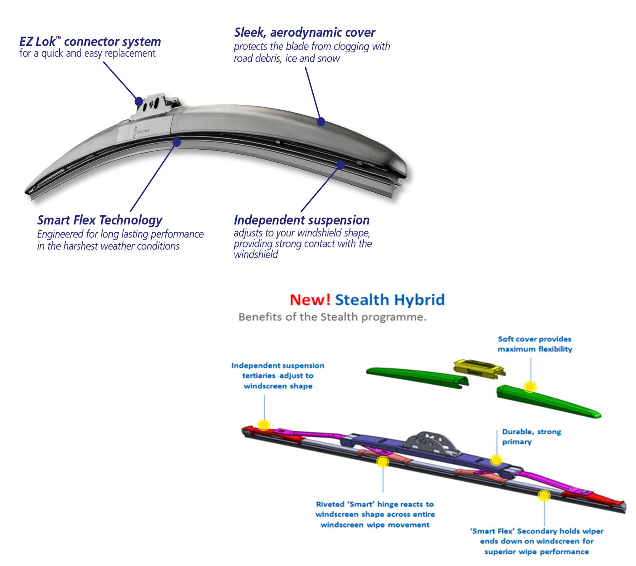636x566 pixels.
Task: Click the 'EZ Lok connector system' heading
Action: tap(90, 42)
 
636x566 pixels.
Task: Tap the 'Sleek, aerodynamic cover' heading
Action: tap(305, 33)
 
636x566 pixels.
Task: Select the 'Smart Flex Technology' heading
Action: tap(100, 220)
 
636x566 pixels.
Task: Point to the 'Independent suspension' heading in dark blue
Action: tap(301, 220)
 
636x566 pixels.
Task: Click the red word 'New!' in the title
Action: tap(310, 300)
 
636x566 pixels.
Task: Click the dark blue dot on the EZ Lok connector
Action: tap(139, 101)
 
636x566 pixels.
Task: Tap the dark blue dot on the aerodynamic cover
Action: tap(321, 122)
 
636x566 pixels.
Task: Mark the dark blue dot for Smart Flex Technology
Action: tap(177, 142)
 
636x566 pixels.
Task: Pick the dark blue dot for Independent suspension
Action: tap(341, 164)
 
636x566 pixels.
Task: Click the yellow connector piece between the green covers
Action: tap(479, 368)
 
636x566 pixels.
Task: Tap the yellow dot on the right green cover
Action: tap(529, 387)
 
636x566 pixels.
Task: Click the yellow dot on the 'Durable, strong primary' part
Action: tap(496, 460)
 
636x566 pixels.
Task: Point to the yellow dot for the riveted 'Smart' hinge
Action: tap(382, 462)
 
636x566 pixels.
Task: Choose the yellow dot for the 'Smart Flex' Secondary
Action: tap(544, 496)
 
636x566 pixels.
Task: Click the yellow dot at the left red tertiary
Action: tap(264, 424)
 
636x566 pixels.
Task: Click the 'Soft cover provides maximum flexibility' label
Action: tap(535, 344)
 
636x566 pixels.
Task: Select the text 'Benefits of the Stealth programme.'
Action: tap(332, 317)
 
